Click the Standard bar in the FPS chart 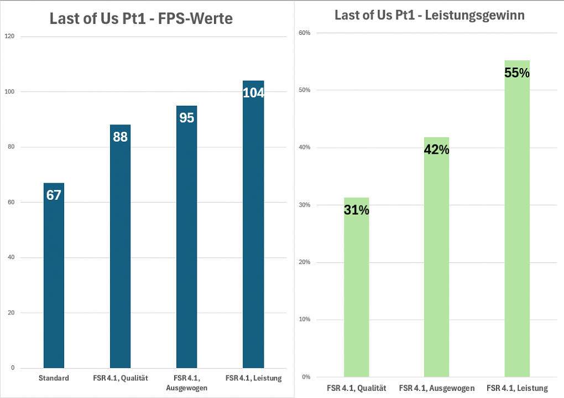(x=54, y=276)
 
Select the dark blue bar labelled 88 (x=120, y=246)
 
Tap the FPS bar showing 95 (x=187, y=237)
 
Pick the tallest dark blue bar (x=253, y=224)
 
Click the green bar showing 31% (x=357, y=287)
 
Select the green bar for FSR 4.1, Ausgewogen (x=437, y=257)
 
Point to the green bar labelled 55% (x=517, y=219)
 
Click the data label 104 (x=254, y=93)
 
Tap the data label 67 (x=54, y=195)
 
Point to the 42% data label (x=437, y=149)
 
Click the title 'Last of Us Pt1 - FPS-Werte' (x=141, y=18)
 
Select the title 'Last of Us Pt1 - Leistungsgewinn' (x=430, y=15)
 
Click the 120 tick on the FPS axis (x=10, y=36)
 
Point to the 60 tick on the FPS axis (x=11, y=202)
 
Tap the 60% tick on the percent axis (x=304, y=33)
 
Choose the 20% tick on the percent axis (x=304, y=262)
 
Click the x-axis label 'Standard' (x=54, y=378)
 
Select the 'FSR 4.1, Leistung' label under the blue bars (x=254, y=378)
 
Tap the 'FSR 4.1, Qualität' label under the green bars (x=357, y=388)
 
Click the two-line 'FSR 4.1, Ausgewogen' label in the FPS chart (x=187, y=383)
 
